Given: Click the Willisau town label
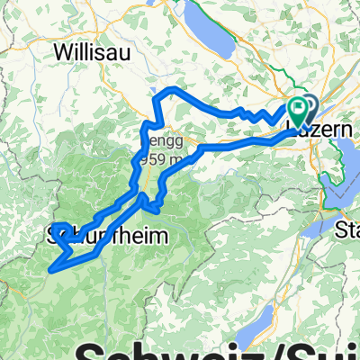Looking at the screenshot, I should coord(93,52).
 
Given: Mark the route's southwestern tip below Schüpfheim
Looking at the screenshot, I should coord(56,266).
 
